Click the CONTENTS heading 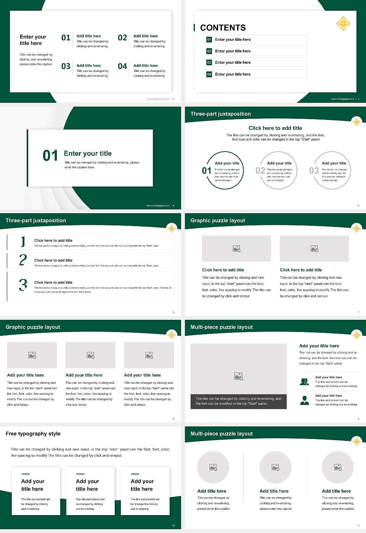coord(223,28)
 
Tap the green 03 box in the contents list coord(209,62)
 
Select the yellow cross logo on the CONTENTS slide coord(343,23)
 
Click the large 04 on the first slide coord(122,67)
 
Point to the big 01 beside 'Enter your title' coord(50,156)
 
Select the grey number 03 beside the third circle coord(314,171)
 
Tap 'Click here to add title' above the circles coord(275,128)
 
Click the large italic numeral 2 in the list coord(23,260)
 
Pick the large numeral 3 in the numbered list coord(23,285)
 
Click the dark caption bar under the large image coord(238,401)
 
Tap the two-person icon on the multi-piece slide coord(304,381)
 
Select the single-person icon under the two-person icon coord(304,400)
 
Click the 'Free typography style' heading coord(33,434)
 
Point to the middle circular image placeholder coord(275,467)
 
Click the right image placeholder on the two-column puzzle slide coord(314,249)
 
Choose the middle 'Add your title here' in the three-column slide coord(84,375)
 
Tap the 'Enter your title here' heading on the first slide coord(33,40)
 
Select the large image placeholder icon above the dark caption coord(239,377)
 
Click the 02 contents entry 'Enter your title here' coord(233,51)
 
